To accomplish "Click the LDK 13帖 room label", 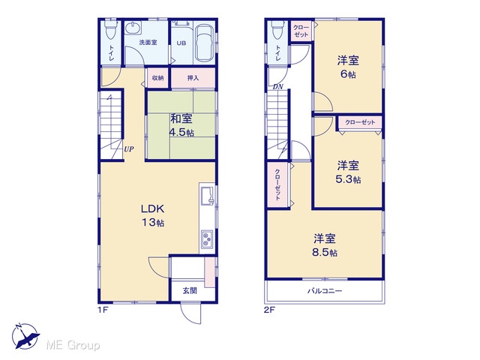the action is pyautogui.click(x=153, y=215).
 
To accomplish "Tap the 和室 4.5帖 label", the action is pyautogui.click(x=181, y=125).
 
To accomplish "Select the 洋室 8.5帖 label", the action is pyautogui.click(x=325, y=245).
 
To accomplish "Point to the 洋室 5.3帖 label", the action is pyautogui.click(x=348, y=172).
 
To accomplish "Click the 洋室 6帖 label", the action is pyautogui.click(x=348, y=67).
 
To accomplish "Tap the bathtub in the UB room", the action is pyautogui.click(x=205, y=43).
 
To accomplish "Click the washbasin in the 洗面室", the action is pyautogui.click(x=133, y=28).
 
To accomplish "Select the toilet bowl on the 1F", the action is pyautogui.click(x=110, y=29).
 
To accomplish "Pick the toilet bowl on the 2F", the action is pyautogui.click(x=277, y=30).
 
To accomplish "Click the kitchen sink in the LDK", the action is pyautogui.click(x=207, y=196).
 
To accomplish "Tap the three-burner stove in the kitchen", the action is pyautogui.click(x=208, y=238).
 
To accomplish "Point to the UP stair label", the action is pyautogui.click(x=128, y=149).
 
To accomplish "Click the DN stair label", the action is pyautogui.click(x=278, y=87).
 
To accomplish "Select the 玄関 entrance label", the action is pyautogui.click(x=190, y=290).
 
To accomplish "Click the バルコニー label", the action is pyautogui.click(x=325, y=290).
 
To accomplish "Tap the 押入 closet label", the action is pyautogui.click(x=193, y=78).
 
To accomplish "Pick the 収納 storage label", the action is pyautogui.click(x=158, y=78).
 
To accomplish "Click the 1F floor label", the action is pyautogui.click(x=103, y=310).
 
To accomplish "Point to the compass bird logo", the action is pyautogui.click(x=25, y=336).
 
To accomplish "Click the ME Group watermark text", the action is pyautogui.click(x=73, y=345).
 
